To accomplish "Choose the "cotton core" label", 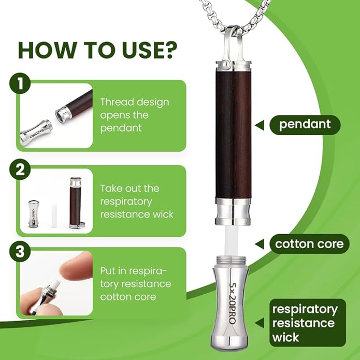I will click(310, 243).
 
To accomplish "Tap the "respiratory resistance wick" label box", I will click(307, 323).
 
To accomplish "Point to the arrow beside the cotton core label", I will click(262, 243).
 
